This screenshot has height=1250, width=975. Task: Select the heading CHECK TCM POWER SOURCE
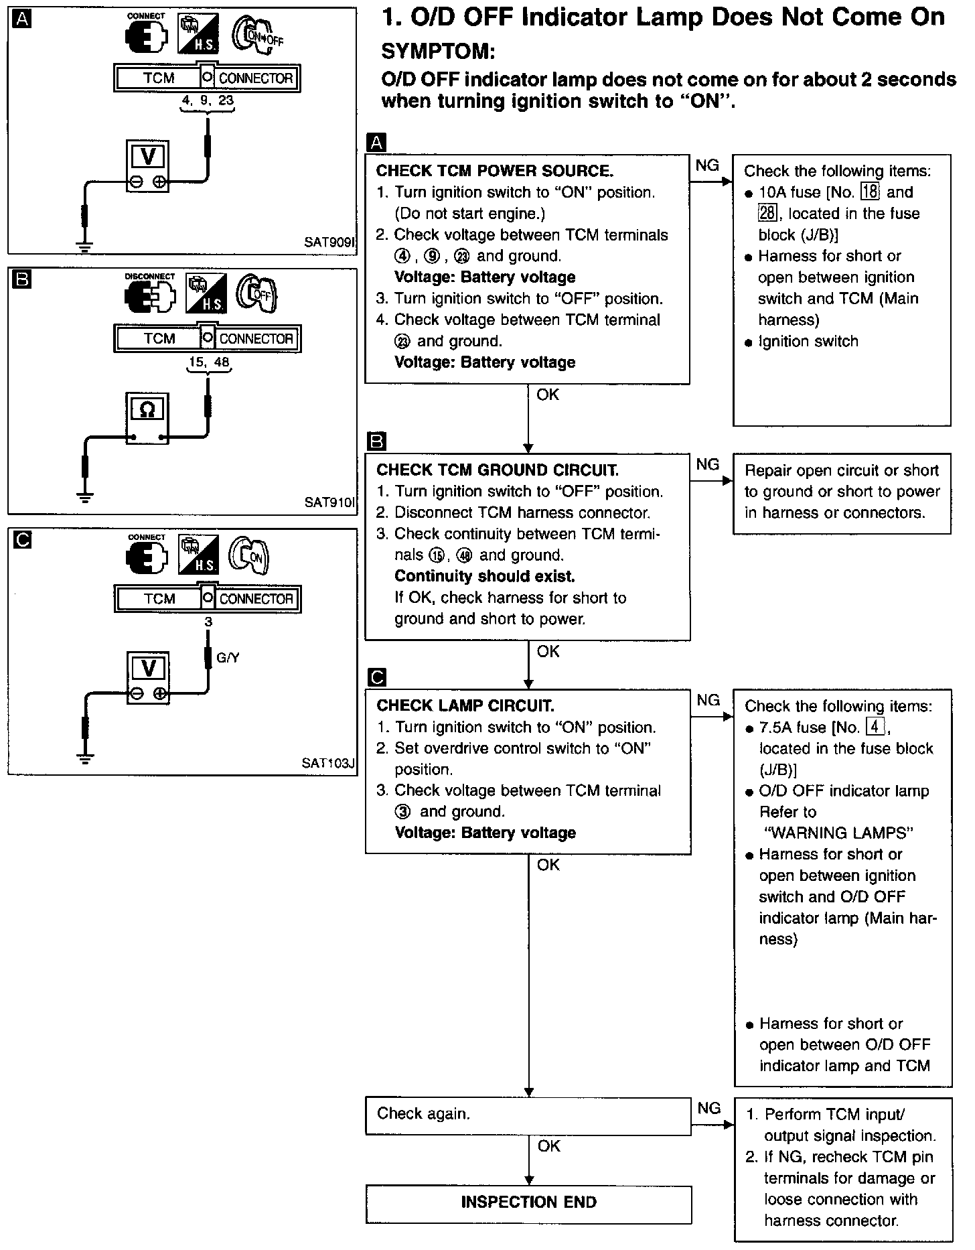[x=495, y=171]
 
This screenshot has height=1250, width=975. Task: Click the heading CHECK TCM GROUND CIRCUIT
[x=498, y=470]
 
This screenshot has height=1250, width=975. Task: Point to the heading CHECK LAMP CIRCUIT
[x=465, y=705]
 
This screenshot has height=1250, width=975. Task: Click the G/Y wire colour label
[x=228, y=658]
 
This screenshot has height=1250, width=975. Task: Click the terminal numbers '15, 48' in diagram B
[x=208, y=362]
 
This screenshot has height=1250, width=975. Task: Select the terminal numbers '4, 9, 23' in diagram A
[x=208, y=102]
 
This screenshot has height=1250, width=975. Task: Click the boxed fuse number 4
[x=875, y=727]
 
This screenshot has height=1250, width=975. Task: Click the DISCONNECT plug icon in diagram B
[x=150, y=295]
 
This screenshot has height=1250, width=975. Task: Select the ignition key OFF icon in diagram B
[x=258, y=294]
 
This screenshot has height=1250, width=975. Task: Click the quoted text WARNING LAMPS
[x=839, y=833]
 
